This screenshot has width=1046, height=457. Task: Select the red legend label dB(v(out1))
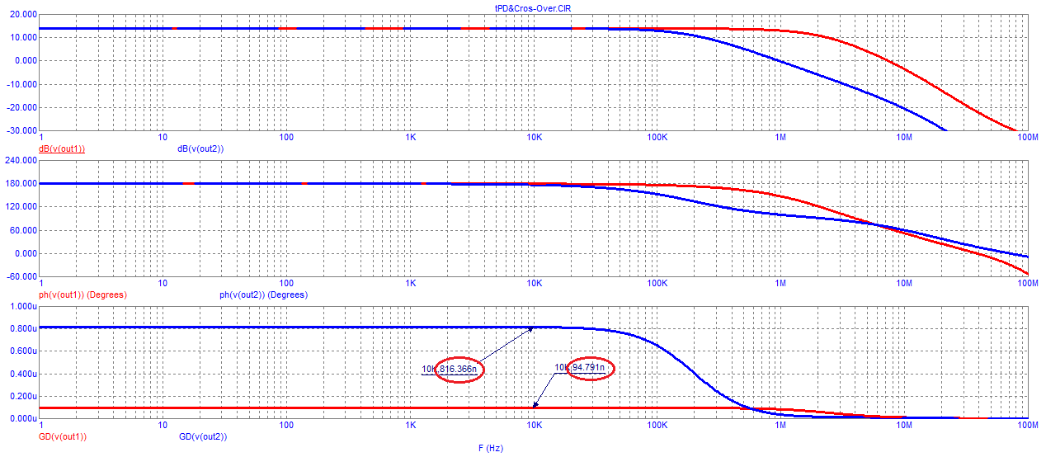point(63,149)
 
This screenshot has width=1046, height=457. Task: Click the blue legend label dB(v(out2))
point(200,149)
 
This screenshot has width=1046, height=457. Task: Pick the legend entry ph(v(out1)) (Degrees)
point(82,294)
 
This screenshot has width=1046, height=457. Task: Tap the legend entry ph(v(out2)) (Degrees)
point(263,294)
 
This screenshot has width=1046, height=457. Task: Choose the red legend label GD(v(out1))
point(63,436)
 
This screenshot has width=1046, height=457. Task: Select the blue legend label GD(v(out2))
point(202,436)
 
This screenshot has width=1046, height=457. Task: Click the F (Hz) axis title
point(490,448)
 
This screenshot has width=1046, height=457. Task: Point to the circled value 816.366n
point(458,370)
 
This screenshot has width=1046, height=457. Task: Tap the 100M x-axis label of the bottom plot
point(1027,426)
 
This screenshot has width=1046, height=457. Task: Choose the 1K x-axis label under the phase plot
point(410,283)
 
